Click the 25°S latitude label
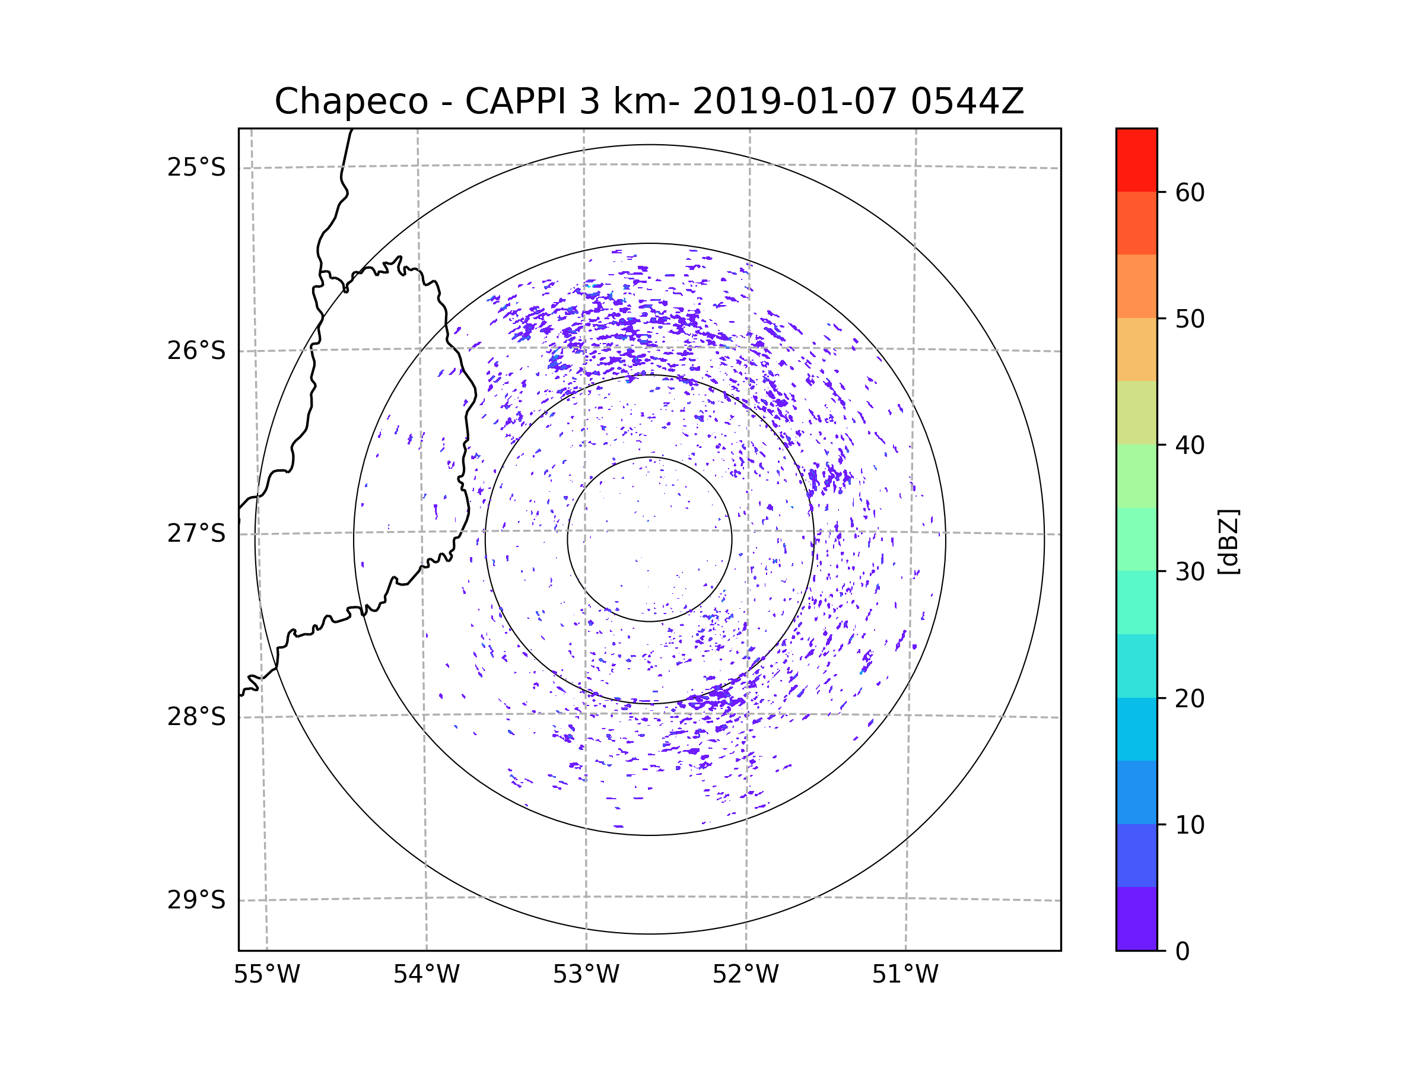(x=196, y=168)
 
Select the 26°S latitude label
(x=196, y=351)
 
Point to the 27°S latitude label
(x=196, y=533)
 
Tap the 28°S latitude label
(x=196, y=717)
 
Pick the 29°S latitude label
(x=196, y=900)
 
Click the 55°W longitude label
(x=266, y=975)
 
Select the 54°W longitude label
(x=426, y=975)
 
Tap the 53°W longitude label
(x=586, y=975)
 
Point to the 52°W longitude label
(x=745, y=975)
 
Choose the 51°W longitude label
(x=905, y=975)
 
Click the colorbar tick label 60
(x=1190, y=192)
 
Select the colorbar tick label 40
(x=1190, y=446)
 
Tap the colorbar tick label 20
(x=1190, y=698)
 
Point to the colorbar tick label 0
(x=1183, y=952)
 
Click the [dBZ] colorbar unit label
(x=1228, y=541)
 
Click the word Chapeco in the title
(x=351, y=101)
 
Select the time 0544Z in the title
(x=967, y=101)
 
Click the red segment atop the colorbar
(x=1136, y=160)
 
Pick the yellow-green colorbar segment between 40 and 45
(x=1136, y=412)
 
